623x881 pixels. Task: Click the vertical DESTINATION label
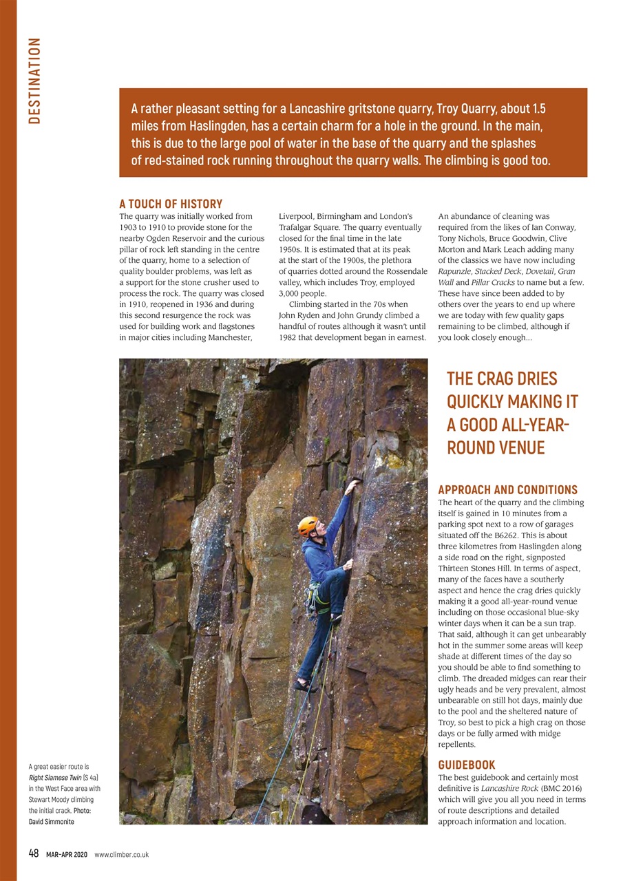[34, 81]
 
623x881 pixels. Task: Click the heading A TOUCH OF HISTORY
[171, 204]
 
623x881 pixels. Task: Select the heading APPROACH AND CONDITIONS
[507, 490]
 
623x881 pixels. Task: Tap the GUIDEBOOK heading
[466, 765]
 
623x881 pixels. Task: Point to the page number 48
[33, 853]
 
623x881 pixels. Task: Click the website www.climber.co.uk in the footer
[121, 854]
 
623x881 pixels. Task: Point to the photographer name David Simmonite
[51, 822]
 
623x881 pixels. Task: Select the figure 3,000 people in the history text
[302, 293]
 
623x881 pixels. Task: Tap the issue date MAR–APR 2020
[67, 854]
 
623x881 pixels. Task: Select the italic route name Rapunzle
[454, 271]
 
